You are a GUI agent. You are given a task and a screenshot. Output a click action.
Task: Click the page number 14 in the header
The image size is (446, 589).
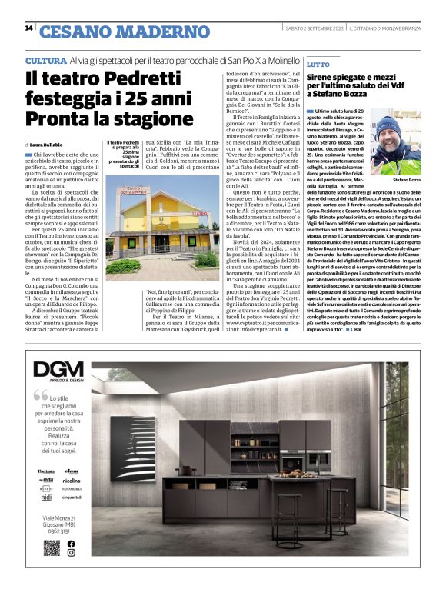(x=28, y=29)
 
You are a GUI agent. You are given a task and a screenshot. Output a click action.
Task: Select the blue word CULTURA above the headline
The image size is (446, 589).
(x=45, y=60)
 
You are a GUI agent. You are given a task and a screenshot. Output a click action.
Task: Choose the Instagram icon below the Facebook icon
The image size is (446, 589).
(x=71, y=553)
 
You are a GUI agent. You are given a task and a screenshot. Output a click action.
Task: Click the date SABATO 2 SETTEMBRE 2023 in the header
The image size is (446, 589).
(x=330, y=29)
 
